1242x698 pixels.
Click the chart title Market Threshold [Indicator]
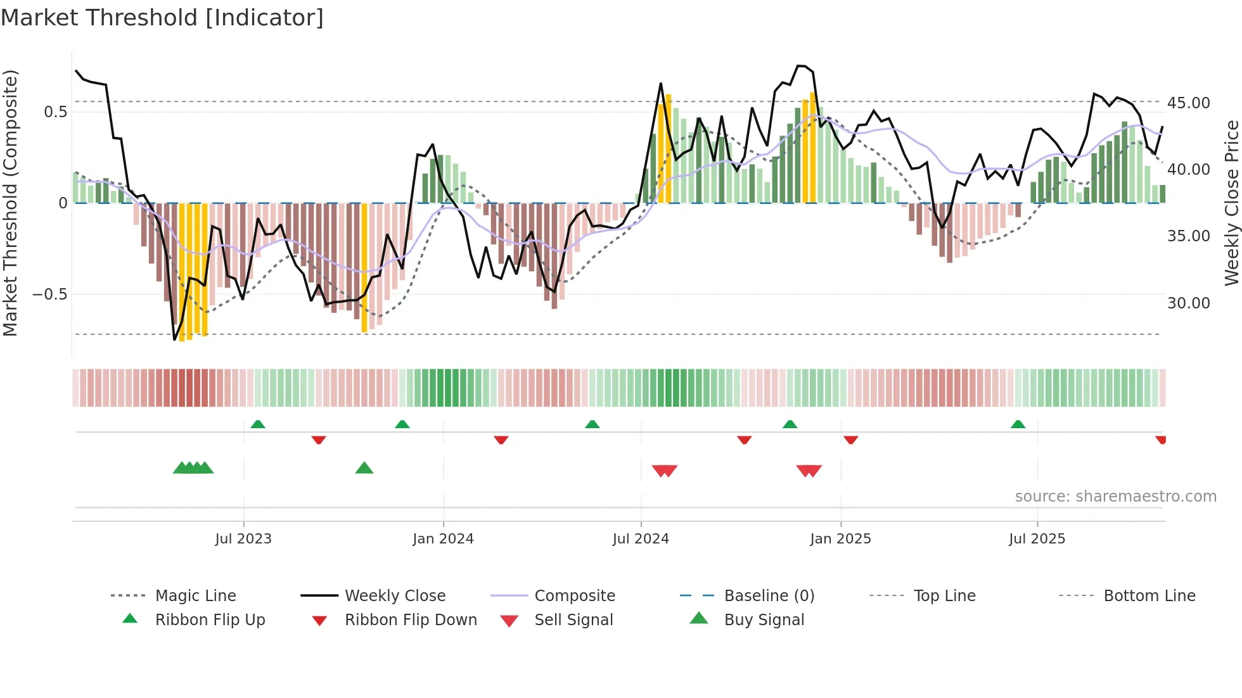click(x=162, y=18)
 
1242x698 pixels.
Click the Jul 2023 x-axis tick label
click(x=243, y=539)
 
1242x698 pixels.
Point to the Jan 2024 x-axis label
click(x=443, y=539)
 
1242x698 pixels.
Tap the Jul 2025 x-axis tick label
click(x=1037, y=539)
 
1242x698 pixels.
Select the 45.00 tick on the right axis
click(x=1188, y=103)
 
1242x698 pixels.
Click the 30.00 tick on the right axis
click(x=1188, y=303)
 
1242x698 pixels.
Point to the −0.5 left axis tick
click(x=49, y=295)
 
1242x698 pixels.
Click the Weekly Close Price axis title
click(x=1231, y=203)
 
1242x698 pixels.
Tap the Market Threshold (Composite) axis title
click(x=10, y=203)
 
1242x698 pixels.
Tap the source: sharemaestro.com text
click(x=1115, y=496)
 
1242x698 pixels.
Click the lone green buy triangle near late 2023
click(x=364, y=468)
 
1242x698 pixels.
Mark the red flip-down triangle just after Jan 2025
click(x=850, y=440)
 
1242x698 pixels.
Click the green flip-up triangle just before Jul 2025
click(x=1018, y=424)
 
